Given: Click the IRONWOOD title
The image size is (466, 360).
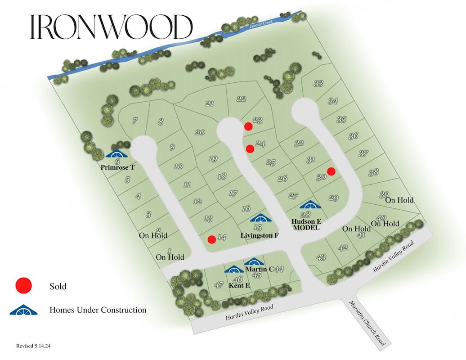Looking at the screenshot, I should [x=111, y=27].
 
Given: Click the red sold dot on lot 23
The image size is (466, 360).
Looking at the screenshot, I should [x=248, y=126].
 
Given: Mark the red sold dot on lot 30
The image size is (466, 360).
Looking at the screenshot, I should [x=331, y=171].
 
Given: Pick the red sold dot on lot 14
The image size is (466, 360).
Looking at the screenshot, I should [x=211, y=239].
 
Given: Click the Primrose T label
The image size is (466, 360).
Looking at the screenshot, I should [x=118, y=166].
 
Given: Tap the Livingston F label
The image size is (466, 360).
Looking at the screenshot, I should [x=260, y=235].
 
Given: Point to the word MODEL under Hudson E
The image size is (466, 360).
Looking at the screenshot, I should [x=306, y=228].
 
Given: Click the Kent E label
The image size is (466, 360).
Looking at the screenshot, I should [x=239, y=286].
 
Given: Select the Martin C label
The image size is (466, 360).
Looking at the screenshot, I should [x=260, y=269].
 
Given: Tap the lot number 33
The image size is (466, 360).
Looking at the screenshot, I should [x=318, y=83].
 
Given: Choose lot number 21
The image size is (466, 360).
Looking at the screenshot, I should [x=210, y=103].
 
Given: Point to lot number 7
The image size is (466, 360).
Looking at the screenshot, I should [x=134, y=121].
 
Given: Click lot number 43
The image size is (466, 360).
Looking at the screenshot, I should [x=321, y=257].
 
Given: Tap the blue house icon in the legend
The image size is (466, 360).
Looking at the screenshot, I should [x=23, y=310].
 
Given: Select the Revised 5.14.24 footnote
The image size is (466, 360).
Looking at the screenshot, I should [x=36, y=346].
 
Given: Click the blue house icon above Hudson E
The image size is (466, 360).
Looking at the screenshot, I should [x=311, y=205].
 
